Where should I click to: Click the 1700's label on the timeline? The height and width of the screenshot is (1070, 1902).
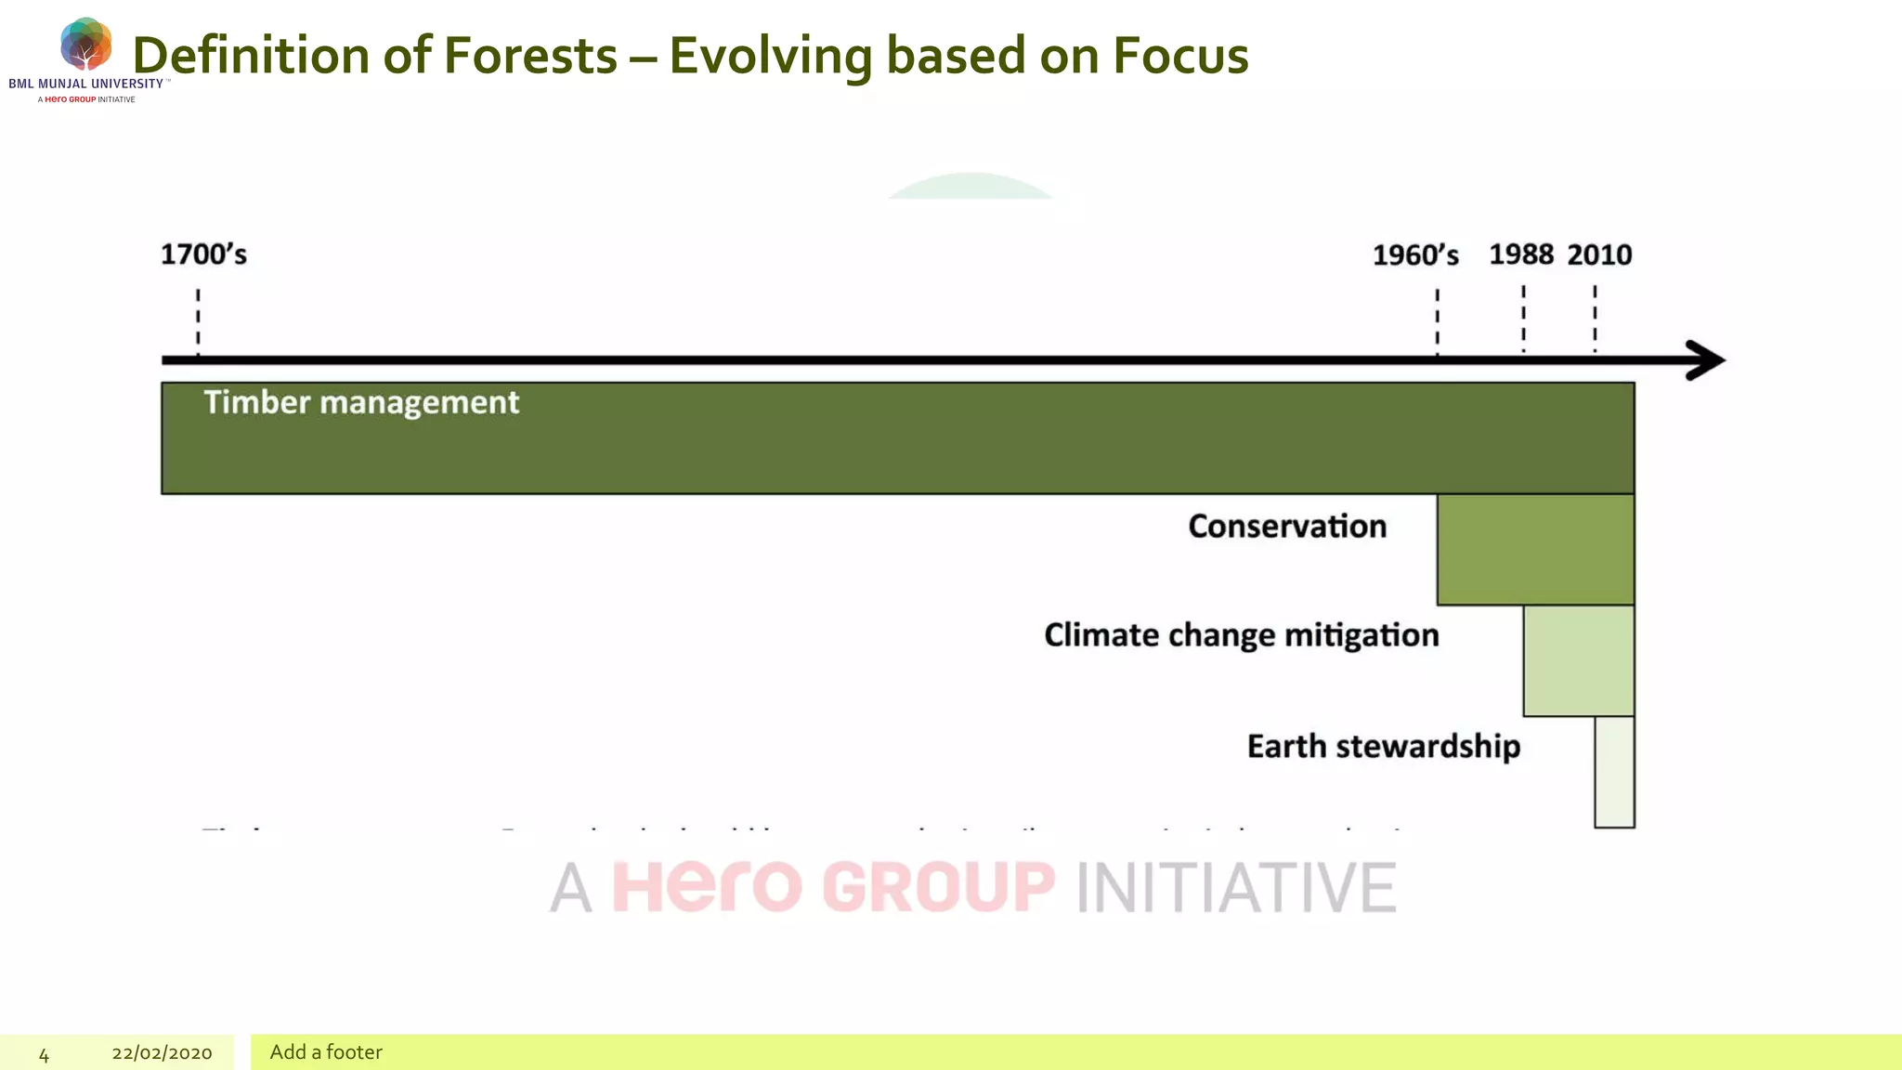point(203,254)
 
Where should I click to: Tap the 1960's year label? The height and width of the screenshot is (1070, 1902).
point(1415,255)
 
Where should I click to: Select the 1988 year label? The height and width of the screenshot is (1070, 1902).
point(1521,254)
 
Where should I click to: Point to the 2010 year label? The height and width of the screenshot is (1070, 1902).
point(1599,254)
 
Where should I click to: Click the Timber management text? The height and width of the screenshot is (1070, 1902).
point(361,402)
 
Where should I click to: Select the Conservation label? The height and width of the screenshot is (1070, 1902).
point(1287,527)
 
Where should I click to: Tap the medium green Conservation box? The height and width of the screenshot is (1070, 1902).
point(1534,550)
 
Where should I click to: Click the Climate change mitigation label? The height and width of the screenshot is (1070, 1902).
point(1241,635)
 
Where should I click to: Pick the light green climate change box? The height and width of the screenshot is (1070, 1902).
point(1578,660)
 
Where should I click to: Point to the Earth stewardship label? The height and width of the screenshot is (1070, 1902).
point(1383,747)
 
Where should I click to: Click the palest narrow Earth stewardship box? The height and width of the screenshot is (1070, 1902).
point(1614,772)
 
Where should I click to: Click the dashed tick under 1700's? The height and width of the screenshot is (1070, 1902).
point(198,320)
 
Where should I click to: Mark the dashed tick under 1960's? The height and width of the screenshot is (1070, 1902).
point(1437,320)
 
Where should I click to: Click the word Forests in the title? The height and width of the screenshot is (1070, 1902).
point(530,56)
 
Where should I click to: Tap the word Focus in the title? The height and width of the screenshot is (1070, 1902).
point(1180,56)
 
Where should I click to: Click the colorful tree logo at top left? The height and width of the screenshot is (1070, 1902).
point(85,44)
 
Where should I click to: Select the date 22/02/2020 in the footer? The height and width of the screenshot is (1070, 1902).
point(162,1053)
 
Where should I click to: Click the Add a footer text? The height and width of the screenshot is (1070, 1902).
point(326,1052)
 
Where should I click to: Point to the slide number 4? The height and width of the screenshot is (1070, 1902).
point(44,1054)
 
